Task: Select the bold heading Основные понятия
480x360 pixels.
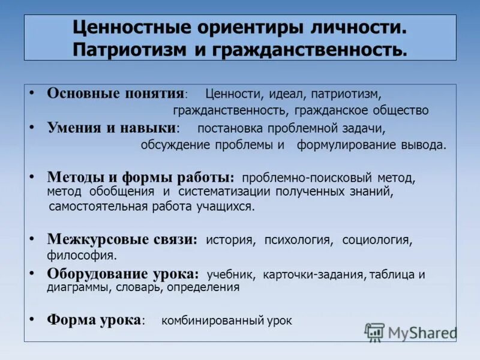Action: [115, 94]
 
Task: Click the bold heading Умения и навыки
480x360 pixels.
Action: [112, 127]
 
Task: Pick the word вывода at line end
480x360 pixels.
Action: [426, 145]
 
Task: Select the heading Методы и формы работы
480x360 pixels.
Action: [140, 178]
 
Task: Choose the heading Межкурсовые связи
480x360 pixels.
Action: [122, 239]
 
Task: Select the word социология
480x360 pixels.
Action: [376, 240]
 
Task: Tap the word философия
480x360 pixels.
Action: [82, 256]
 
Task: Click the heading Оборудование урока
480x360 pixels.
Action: [122, 274]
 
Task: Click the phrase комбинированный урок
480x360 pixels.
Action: [227, 320]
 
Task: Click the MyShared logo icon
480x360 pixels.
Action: [374, 332]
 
